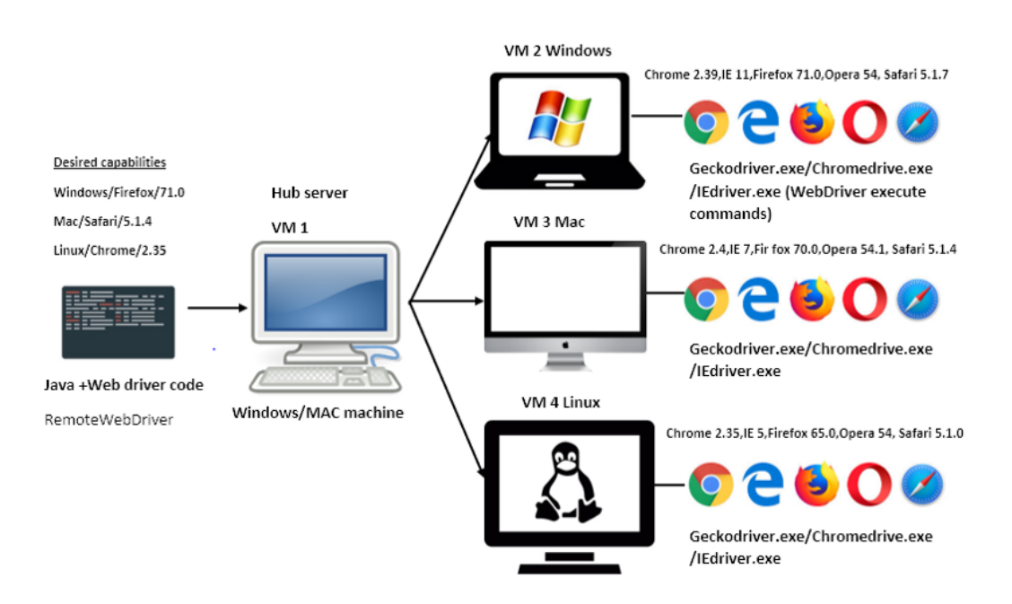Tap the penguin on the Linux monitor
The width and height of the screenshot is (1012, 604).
pos(564,485)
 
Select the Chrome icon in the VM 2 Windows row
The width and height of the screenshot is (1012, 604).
pos(705,122)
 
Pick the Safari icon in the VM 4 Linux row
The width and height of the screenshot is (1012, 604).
pos(923,486)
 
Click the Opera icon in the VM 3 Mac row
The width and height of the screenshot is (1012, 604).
pos(864,300)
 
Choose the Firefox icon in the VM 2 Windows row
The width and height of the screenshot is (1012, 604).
pos(812,122)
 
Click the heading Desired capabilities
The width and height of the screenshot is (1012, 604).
pos(109,162)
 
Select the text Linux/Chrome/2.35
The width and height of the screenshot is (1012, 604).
pos(109,250)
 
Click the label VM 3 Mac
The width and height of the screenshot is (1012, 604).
pos(548,222)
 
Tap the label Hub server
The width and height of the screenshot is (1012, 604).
pos(309,193)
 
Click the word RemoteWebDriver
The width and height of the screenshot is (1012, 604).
pos(109,419)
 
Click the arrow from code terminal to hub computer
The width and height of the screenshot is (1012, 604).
pos(216,308)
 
